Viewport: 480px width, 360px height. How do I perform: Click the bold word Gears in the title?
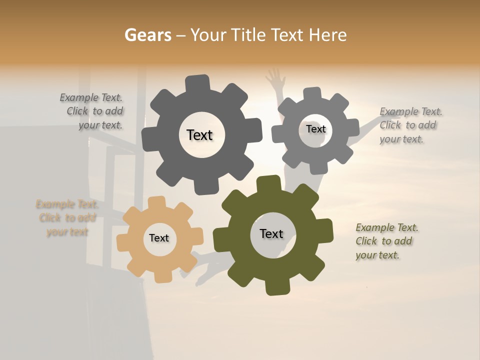[147, 35]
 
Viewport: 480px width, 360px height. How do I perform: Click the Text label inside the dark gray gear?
[199, 135]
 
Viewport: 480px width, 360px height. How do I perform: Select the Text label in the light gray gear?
[315, 129]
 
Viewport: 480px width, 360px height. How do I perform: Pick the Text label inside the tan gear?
[159, 238]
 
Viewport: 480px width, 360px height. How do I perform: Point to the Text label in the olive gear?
[271, 234]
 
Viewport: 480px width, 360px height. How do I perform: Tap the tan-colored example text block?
[67, 218]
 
